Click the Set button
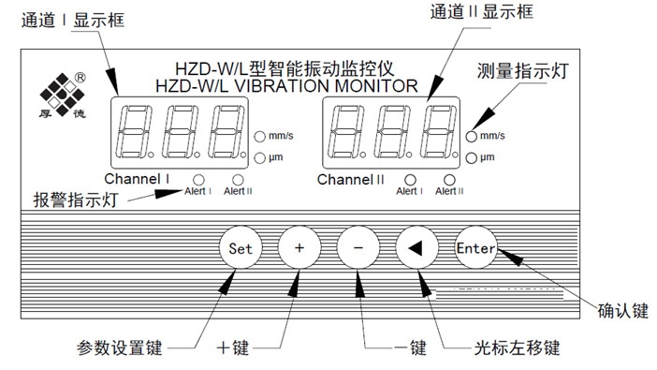241,248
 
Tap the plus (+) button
299,248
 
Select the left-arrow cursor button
416,248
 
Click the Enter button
475,248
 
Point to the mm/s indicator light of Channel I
260,137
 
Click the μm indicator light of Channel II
472,157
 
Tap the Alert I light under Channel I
198,180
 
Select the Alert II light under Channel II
449,180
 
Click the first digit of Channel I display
135,132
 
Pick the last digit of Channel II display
439,132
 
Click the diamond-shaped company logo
62,95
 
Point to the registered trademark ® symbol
80,78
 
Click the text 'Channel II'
351,180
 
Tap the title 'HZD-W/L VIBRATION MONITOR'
286,86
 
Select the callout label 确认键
623,311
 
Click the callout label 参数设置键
120,348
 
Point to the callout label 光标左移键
517,348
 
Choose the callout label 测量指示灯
522,71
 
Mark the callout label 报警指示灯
76,200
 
